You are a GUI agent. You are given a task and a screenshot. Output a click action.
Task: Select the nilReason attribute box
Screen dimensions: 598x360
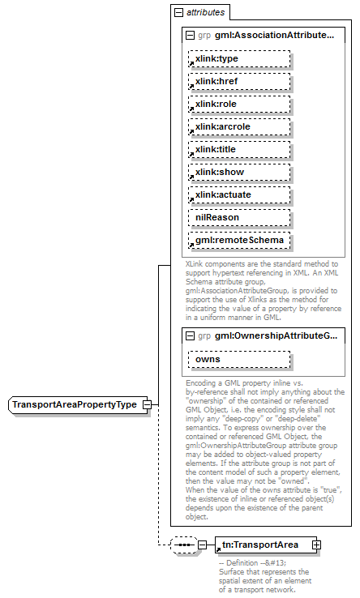point(240,218)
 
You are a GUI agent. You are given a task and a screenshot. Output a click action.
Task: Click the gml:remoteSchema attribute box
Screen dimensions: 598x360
point(240,241)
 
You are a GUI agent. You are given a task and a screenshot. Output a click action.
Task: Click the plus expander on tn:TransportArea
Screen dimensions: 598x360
point(316,544)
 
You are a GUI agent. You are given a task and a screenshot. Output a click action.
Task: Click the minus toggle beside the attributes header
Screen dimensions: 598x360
point(178,13)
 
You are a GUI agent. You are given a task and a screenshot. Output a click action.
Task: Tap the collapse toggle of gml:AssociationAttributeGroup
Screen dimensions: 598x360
point(190,36)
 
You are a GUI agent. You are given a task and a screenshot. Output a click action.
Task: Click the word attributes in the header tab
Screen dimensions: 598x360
point(206,13)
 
